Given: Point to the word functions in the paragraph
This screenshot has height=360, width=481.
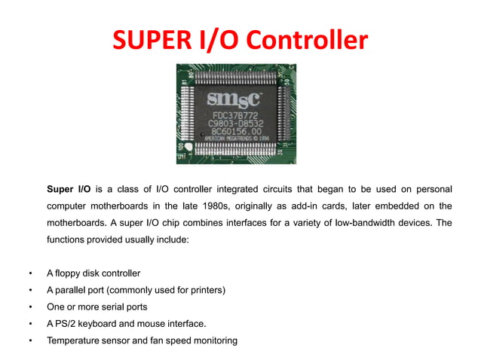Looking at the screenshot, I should tap(69, 240).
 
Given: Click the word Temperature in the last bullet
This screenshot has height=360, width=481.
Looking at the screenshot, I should tap(75, 341).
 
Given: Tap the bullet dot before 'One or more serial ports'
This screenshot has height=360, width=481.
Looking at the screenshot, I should tap(29, 307).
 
